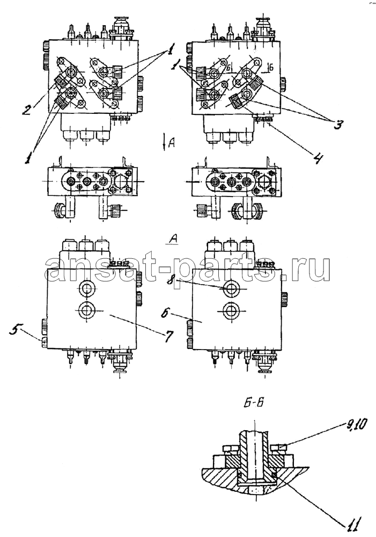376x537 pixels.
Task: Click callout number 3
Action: [x=337, y=125]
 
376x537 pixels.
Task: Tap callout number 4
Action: [x=318, y=158]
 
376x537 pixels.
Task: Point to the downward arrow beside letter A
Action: [x=165, y=142]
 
